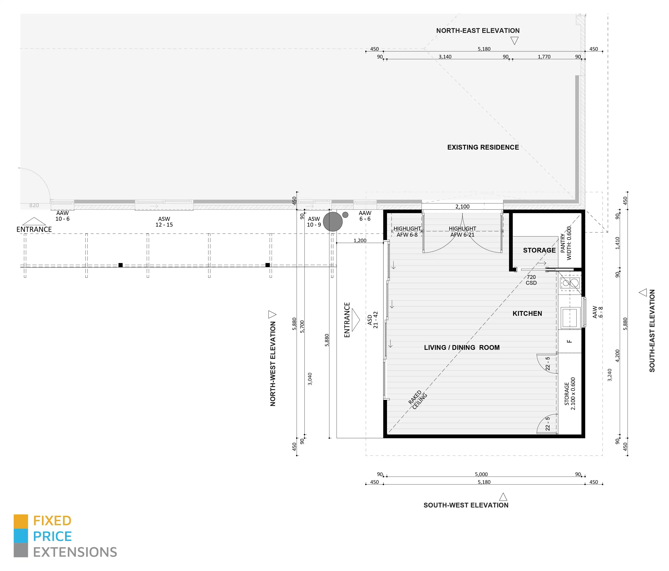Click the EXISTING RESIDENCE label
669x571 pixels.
pos(483,147)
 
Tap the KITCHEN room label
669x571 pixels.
pos(527,313)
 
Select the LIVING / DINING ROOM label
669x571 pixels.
pos(462,348)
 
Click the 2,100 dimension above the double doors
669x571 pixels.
pos(462,207)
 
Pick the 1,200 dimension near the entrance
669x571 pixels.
pos(360,241)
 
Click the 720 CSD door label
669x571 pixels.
pos(531,280)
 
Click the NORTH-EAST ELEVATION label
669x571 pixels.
pos(478,31)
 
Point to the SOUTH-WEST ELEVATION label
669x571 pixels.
pos(466,505)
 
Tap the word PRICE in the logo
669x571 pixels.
pos(52,536)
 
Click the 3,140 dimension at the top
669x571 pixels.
pos(445,57)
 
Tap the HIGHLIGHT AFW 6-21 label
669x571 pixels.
pos(462,232)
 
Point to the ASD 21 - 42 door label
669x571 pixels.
pos(373,320)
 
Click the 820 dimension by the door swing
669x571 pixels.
pos(34,205)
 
